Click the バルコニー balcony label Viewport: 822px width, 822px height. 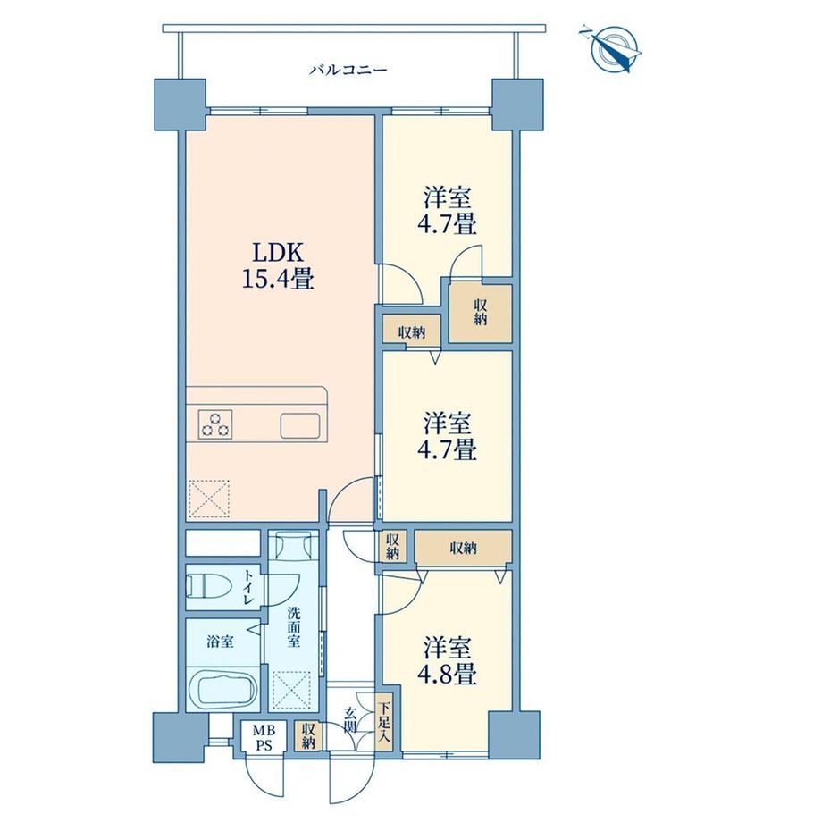[348, 70]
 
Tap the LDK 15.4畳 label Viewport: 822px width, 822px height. [278, 267]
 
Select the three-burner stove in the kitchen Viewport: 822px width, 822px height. [215, 424]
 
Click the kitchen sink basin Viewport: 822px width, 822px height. [300, 425]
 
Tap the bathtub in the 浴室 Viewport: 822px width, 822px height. [222, 689]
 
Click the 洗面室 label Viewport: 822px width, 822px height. [294, 627]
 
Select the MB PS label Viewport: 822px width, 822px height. [264, 737]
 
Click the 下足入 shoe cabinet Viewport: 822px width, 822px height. [384, 724]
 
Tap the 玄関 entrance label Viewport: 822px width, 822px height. [350, 720]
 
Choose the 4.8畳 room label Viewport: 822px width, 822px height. [447, 660]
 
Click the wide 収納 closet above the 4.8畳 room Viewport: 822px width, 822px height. [464, 548]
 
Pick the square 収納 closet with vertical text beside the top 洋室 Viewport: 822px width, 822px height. [480, 313]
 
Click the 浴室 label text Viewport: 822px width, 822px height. [220, 641]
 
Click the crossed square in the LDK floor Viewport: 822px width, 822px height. [209, 499]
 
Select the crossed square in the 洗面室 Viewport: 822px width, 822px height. [291, 690]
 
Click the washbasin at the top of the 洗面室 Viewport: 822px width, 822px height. [293, 545]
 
